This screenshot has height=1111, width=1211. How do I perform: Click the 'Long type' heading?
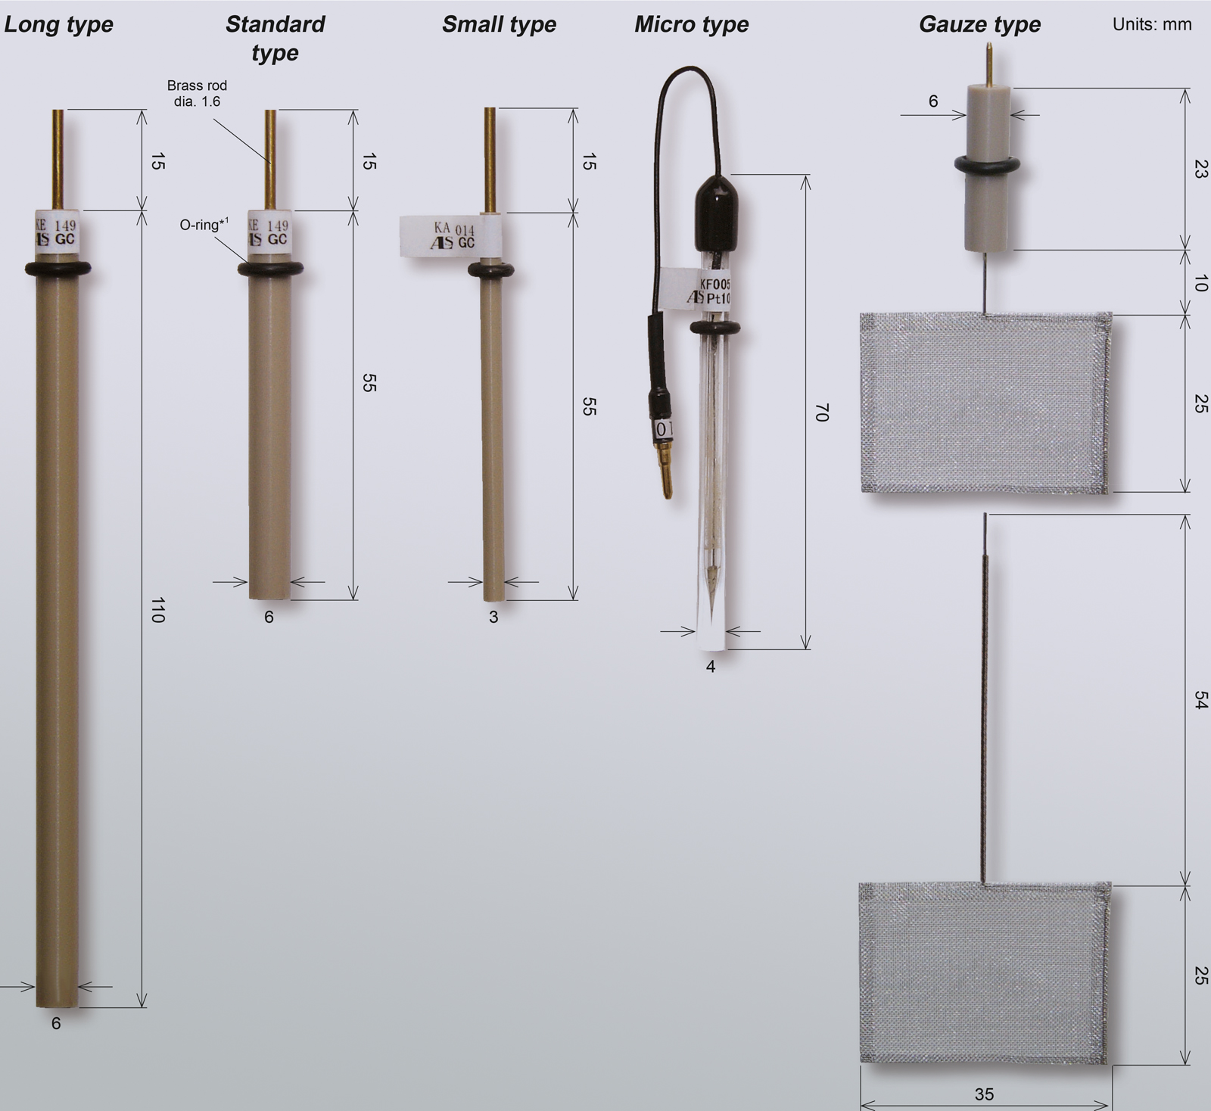pos(58,24)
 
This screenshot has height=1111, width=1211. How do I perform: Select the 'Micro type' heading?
pos(691,24)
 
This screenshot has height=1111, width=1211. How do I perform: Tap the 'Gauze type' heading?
pos(979,24)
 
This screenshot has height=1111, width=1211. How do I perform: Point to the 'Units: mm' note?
pos(1152,24)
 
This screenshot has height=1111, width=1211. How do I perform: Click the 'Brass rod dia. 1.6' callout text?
pos(197,94)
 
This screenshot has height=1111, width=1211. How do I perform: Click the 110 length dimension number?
pos(157,610)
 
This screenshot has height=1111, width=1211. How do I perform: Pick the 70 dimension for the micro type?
pos(823,412)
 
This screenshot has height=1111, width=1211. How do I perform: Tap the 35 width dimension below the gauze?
pos(984,1094)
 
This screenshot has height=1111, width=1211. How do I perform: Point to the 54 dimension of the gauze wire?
pos(1200,700)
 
